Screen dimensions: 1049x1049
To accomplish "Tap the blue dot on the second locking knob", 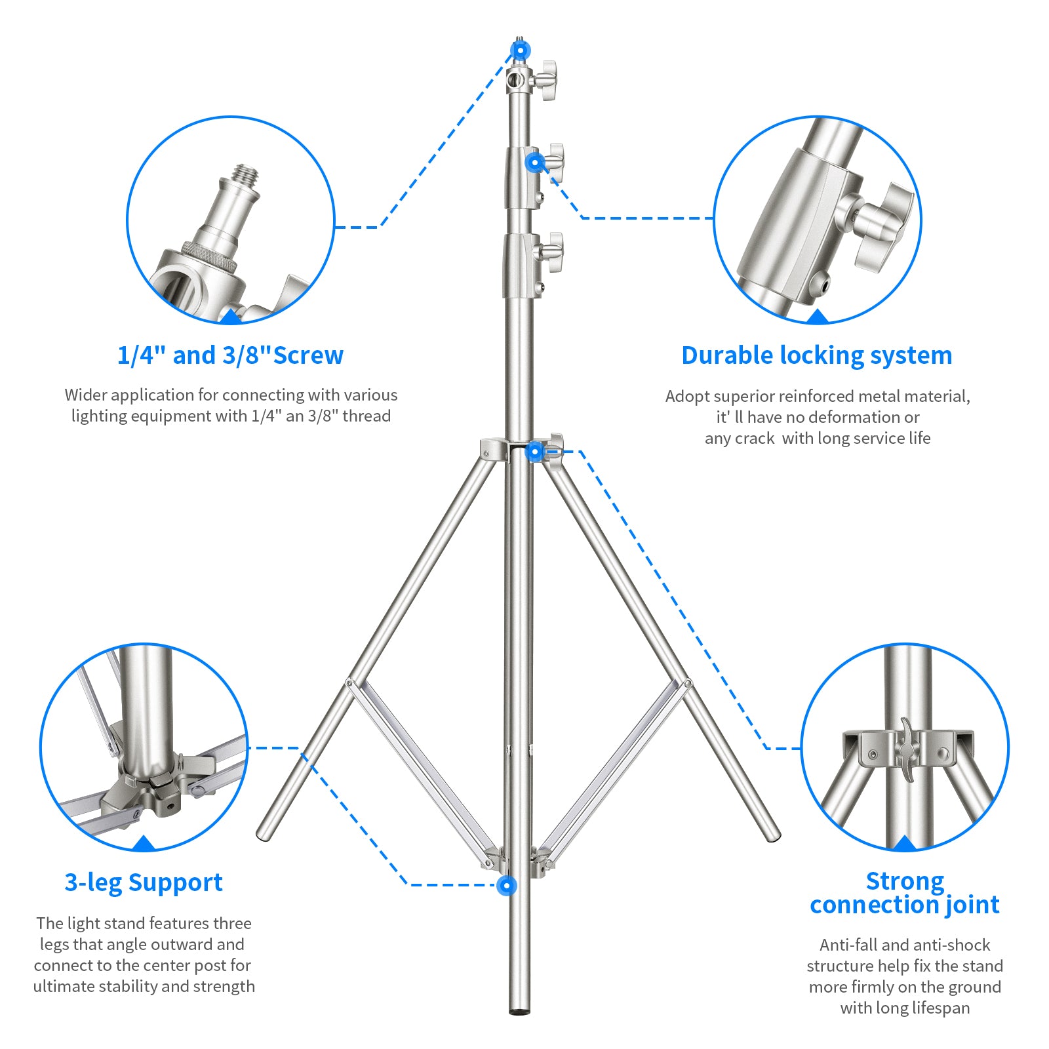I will pos(535,162).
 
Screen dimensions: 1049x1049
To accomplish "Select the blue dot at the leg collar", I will pos(535,451).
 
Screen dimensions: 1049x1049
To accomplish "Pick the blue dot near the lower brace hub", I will pos(506,886).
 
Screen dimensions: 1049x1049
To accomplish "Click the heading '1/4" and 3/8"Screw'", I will pos(230,355).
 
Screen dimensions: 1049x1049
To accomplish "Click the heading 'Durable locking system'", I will pos(816,355).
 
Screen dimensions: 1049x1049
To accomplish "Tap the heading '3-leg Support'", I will pos(144,882).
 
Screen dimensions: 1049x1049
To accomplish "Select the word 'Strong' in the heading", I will pos(905,881).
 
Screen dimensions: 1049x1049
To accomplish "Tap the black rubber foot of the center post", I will pos(519,1011).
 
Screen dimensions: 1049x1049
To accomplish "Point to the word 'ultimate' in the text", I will pos(63,986).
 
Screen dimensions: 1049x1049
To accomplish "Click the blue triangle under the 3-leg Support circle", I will pos(144,844).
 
